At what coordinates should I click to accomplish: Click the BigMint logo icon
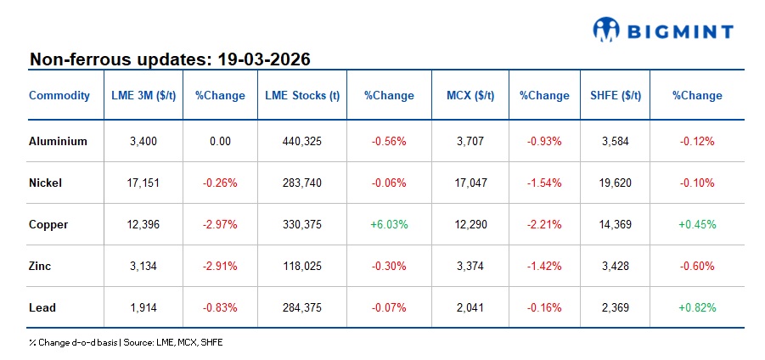point(606,31)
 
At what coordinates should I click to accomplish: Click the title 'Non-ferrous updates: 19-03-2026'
point(170,59)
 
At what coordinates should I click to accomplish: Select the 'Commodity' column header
point(59,95)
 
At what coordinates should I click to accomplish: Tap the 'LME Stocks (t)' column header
point(302,95)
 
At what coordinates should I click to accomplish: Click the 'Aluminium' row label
point(58,142)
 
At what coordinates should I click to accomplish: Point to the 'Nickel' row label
point(45,183)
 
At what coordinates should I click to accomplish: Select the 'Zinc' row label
point(40,266)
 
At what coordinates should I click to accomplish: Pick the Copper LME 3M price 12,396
point(143,224)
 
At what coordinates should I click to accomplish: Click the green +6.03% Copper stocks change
point(389,224)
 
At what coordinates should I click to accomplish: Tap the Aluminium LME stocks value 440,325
point(302,142)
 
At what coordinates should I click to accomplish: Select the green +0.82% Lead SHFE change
point(696,307)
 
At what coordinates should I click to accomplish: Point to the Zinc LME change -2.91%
point(220,266)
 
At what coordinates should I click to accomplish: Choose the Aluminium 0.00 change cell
point(220,142)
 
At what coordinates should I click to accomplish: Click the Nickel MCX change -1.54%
point(544,183)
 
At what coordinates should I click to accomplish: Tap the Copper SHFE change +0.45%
point(696,224)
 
